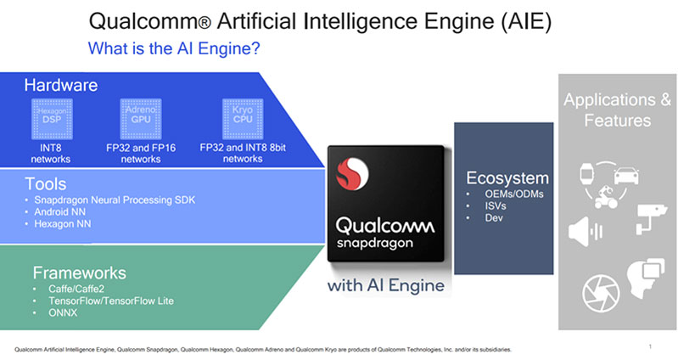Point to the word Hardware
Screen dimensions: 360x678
click(59, 85)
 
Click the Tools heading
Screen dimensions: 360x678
click(47, 183)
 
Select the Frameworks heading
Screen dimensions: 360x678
click(79, 273)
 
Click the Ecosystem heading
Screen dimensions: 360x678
click(507, 178)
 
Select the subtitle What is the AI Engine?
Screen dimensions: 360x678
click(174, 49)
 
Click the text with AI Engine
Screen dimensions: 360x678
click(384, 285)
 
